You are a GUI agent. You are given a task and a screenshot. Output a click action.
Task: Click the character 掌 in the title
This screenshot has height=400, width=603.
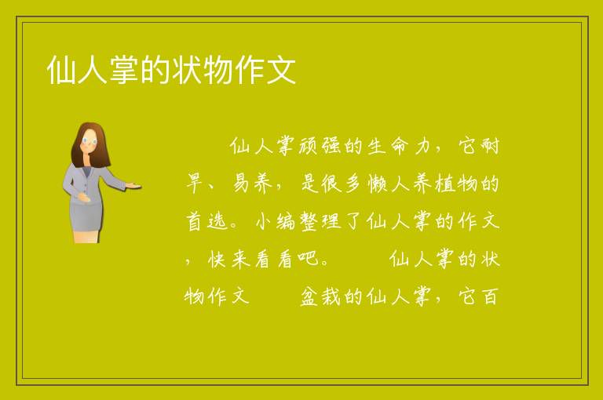(x=124, y=70)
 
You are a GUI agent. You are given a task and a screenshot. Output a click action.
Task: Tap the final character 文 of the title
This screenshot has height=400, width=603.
(x=281, y=70)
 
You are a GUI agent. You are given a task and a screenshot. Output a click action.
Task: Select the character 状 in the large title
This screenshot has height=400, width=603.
(x=187, y=70)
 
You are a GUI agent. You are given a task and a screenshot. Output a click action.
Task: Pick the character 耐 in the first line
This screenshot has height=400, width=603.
(x=490, y=146)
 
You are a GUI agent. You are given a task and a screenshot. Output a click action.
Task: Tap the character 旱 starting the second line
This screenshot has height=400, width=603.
(x=195, y=184)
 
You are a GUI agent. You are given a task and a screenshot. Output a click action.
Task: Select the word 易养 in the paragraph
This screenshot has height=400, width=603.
(x=252, y=184)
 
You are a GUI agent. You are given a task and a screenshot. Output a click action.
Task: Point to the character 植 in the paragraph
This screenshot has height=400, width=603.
(x=445, y=184)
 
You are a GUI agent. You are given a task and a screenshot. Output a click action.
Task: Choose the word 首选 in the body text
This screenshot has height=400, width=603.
(x=207, y=221)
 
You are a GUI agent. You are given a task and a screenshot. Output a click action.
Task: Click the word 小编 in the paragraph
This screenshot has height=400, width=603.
(x=276, y=221)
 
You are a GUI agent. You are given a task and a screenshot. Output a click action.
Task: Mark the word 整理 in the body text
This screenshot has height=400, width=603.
(x=320, y=221)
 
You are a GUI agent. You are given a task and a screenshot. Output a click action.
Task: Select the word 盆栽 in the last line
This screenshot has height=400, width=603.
(x=320, y=296)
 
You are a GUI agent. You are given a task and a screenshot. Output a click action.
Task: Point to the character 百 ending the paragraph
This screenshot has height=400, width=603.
(x=490, y=296)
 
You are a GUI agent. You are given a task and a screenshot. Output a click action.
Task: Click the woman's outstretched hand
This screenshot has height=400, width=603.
(x=133, y=186)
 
